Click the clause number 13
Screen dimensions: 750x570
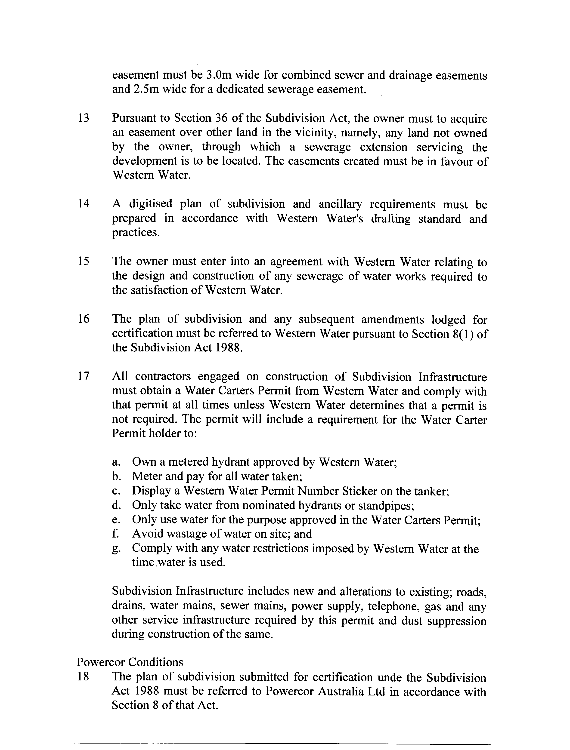pyautogui.click(x=84, y=118)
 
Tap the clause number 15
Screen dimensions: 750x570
pyautogui.click(x=84, y=261)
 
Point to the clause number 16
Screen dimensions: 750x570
pyautogui.click(x=84, y=319)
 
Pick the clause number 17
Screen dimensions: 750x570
pyautogui.click(x=84, y=376)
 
